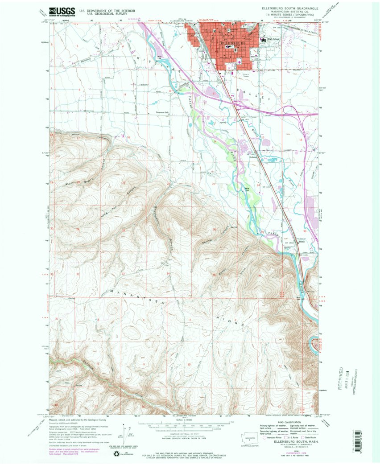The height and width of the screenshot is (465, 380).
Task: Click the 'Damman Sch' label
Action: pyautogui.click(x=162, y=112)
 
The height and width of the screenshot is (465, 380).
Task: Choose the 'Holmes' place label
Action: pyautogui.click(x=253, y=156)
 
